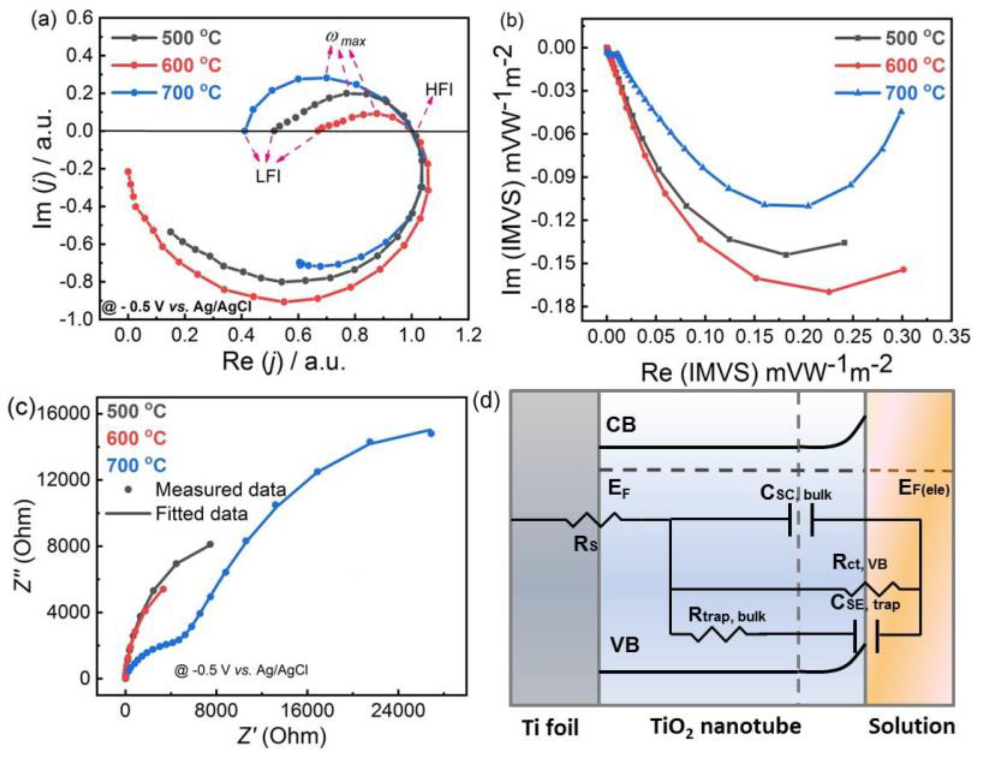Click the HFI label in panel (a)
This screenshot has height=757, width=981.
point(439,90)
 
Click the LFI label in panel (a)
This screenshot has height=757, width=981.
point(268,176)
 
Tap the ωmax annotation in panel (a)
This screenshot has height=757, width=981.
point(345,40)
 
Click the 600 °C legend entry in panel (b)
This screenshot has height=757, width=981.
point(915,66)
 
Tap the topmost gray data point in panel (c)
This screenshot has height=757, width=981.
point(210,545)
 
